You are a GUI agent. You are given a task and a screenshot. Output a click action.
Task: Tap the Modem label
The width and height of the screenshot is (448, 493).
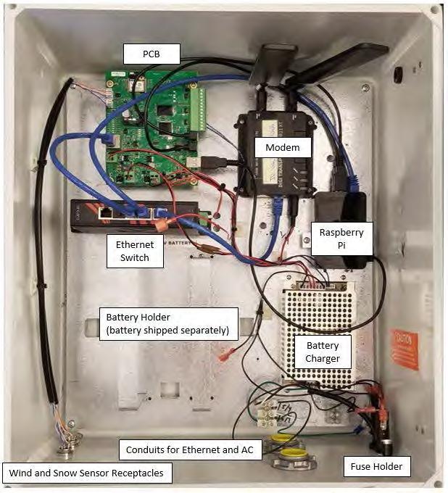click(x=277, y=148)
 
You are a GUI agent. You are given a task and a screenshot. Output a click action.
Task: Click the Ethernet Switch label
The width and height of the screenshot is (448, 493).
click(x=134, y=250)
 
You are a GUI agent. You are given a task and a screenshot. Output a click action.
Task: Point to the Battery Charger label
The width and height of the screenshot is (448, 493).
click(x=323, y=353)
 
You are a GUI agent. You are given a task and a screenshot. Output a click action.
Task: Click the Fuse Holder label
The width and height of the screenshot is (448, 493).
click(x=376, y=467)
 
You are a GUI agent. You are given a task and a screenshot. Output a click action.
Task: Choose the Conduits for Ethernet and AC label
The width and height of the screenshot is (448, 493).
click(x=189, y=450)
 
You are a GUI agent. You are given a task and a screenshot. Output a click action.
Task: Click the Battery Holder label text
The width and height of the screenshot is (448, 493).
click(x=167, y=324)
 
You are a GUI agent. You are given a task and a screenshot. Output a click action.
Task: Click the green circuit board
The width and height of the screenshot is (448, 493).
click(x=149, y=116)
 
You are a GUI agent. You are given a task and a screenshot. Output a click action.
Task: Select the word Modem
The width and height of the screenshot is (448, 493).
click(x=277, y=148)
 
